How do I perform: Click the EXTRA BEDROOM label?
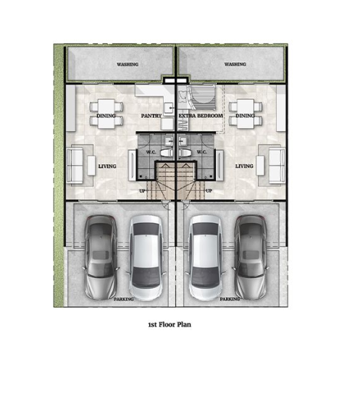coord(201,116)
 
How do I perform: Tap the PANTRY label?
coord(151,116)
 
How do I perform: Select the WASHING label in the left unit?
coord(127,64)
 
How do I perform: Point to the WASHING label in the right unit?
coord(235,64)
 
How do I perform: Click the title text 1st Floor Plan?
coord(169,324)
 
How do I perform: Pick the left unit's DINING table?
coord(106,114)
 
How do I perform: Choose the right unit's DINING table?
coord(246,114)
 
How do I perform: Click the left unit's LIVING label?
coord(107,166)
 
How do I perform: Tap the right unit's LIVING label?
coord(244,166)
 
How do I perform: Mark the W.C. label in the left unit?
coord(151,152)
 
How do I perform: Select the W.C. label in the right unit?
coord(201,152)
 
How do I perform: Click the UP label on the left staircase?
coord(142,191)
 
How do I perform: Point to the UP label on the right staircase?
coord(209,191)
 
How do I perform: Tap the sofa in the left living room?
coord(75,166)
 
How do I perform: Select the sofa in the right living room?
coord(277,166)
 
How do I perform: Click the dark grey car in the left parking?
coord(101,257)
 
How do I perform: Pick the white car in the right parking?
coord(206,258)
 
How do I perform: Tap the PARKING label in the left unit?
coord(124,299)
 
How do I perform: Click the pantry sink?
coord(168,108)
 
